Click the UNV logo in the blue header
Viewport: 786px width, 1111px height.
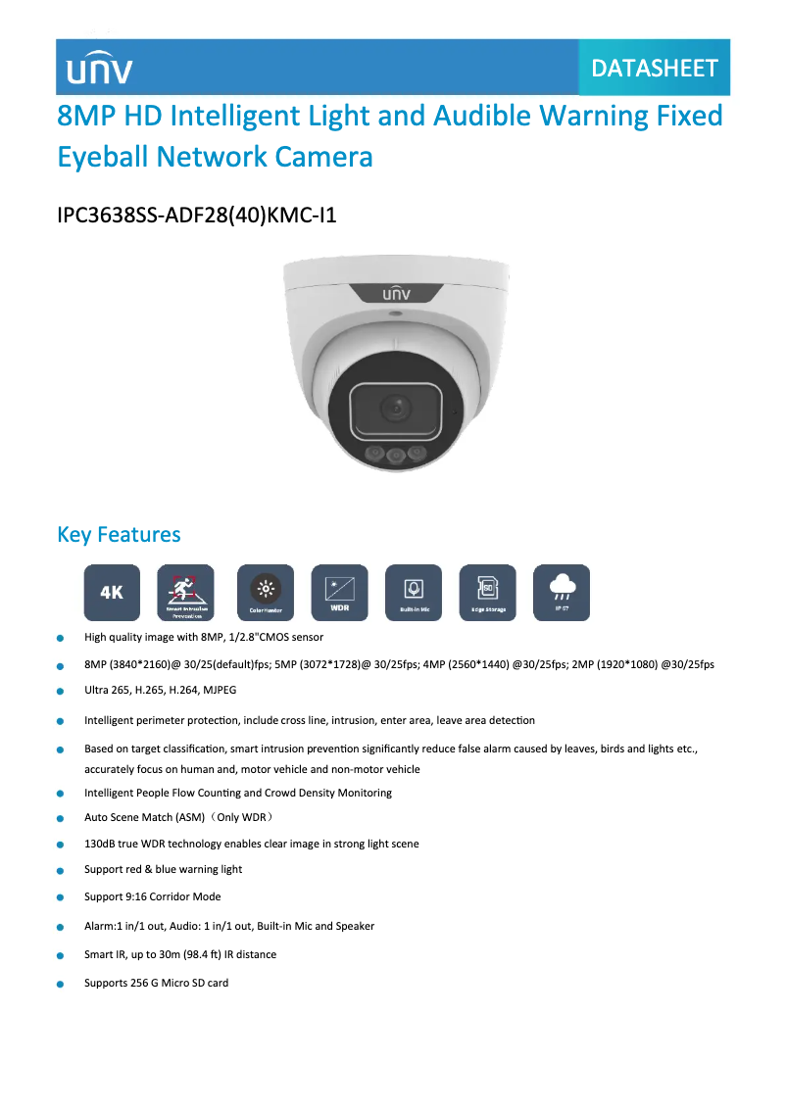[x=99, y=69]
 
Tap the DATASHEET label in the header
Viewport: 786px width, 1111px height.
[x=655, y=68]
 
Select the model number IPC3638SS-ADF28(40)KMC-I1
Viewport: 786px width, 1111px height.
[x=197, y=214]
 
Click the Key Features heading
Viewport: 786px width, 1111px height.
[x=119, y=534]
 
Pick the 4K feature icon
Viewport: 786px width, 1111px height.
[x=112, y=592]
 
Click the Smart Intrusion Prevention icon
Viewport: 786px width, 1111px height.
[x=185, y=592]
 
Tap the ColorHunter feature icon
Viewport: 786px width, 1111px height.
[x=265, y=592]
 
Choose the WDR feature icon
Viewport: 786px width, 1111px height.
[x=339, y=592]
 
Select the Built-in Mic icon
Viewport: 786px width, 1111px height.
[x=414, y=592]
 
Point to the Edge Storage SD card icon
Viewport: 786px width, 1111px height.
[x=487, y=592]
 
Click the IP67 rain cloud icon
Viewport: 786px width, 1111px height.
[x=562, y=592]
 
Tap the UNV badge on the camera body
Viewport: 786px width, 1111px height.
[x=397, y=292]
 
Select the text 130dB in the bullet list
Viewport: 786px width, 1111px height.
[x=100, y=844]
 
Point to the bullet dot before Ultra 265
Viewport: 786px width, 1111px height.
[x=60, y=692]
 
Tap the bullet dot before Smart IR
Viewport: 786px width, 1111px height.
[x=60, y=955]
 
